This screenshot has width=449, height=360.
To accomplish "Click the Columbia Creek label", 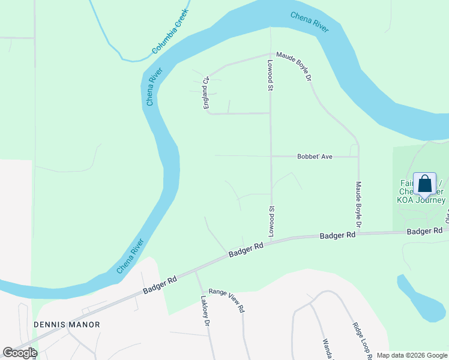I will (x=170, y=31).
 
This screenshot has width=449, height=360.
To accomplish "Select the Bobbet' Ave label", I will (x=315, y=157).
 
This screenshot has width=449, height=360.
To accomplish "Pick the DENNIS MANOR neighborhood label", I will (x=67, y=324).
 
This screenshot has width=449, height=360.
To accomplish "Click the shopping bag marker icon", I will (x=424, y=183).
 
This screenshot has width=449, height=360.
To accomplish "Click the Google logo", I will (x=20, y=353).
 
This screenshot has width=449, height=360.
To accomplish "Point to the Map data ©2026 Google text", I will (x=411, y=355).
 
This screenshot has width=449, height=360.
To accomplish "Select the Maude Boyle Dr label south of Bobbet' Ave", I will (x=358, y=204).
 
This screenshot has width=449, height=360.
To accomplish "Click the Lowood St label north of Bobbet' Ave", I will (x=271, y=75).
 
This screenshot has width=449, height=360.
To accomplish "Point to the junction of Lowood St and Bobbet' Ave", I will (x=271, y=157).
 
